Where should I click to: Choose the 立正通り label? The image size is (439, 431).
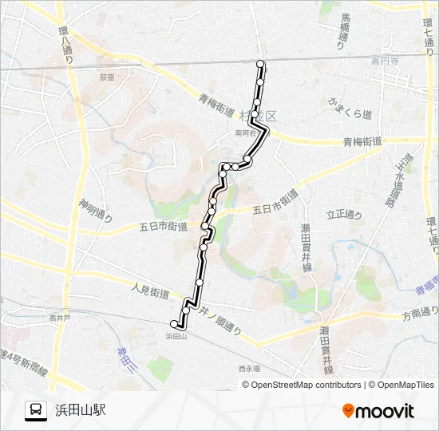tap(344, 215)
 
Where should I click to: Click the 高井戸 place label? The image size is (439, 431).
tap(59, 318)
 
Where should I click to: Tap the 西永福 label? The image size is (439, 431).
tap(249, 369)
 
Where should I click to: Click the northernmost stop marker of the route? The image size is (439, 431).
tap(259, 64)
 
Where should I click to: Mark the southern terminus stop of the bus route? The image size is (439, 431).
tap(174, 324)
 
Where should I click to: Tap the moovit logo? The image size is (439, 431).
tap(378, 411)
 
